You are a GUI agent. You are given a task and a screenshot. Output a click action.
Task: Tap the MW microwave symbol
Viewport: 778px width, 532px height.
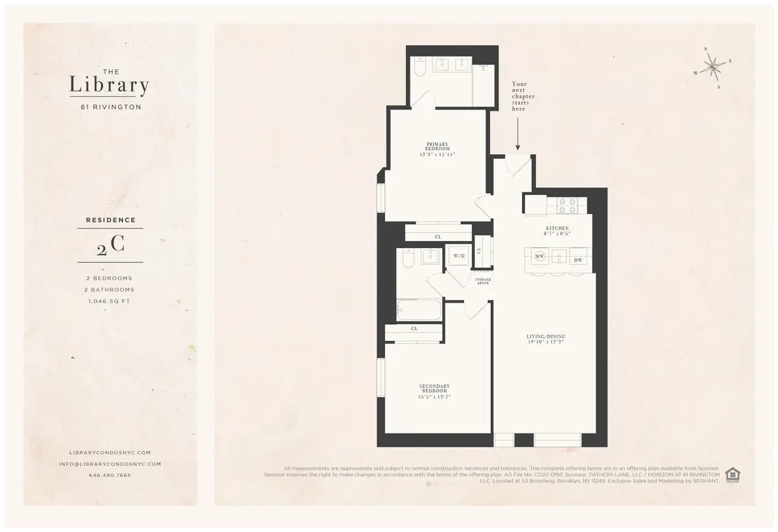[539, 257]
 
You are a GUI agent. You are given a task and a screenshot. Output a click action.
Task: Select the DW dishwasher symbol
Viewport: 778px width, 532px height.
[578, 260]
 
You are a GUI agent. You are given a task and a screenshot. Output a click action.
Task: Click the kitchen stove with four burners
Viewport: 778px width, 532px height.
[568, 205]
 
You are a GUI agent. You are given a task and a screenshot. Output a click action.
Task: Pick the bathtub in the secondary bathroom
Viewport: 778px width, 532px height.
[418, 309]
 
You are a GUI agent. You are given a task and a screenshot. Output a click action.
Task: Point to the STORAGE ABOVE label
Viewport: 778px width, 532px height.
[483, 281]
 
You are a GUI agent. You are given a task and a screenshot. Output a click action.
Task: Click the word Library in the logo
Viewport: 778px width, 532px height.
[110, 86]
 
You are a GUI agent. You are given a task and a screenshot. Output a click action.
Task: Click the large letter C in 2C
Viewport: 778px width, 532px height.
[117, 244]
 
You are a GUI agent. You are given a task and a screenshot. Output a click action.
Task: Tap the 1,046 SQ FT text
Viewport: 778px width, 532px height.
[110, 301]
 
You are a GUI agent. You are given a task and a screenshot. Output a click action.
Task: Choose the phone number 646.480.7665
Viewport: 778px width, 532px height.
[110, 475]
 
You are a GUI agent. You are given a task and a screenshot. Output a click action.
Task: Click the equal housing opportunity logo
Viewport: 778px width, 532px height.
[733, 474]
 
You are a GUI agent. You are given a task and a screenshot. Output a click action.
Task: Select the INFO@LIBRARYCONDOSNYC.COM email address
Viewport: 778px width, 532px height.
[110, 464]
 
